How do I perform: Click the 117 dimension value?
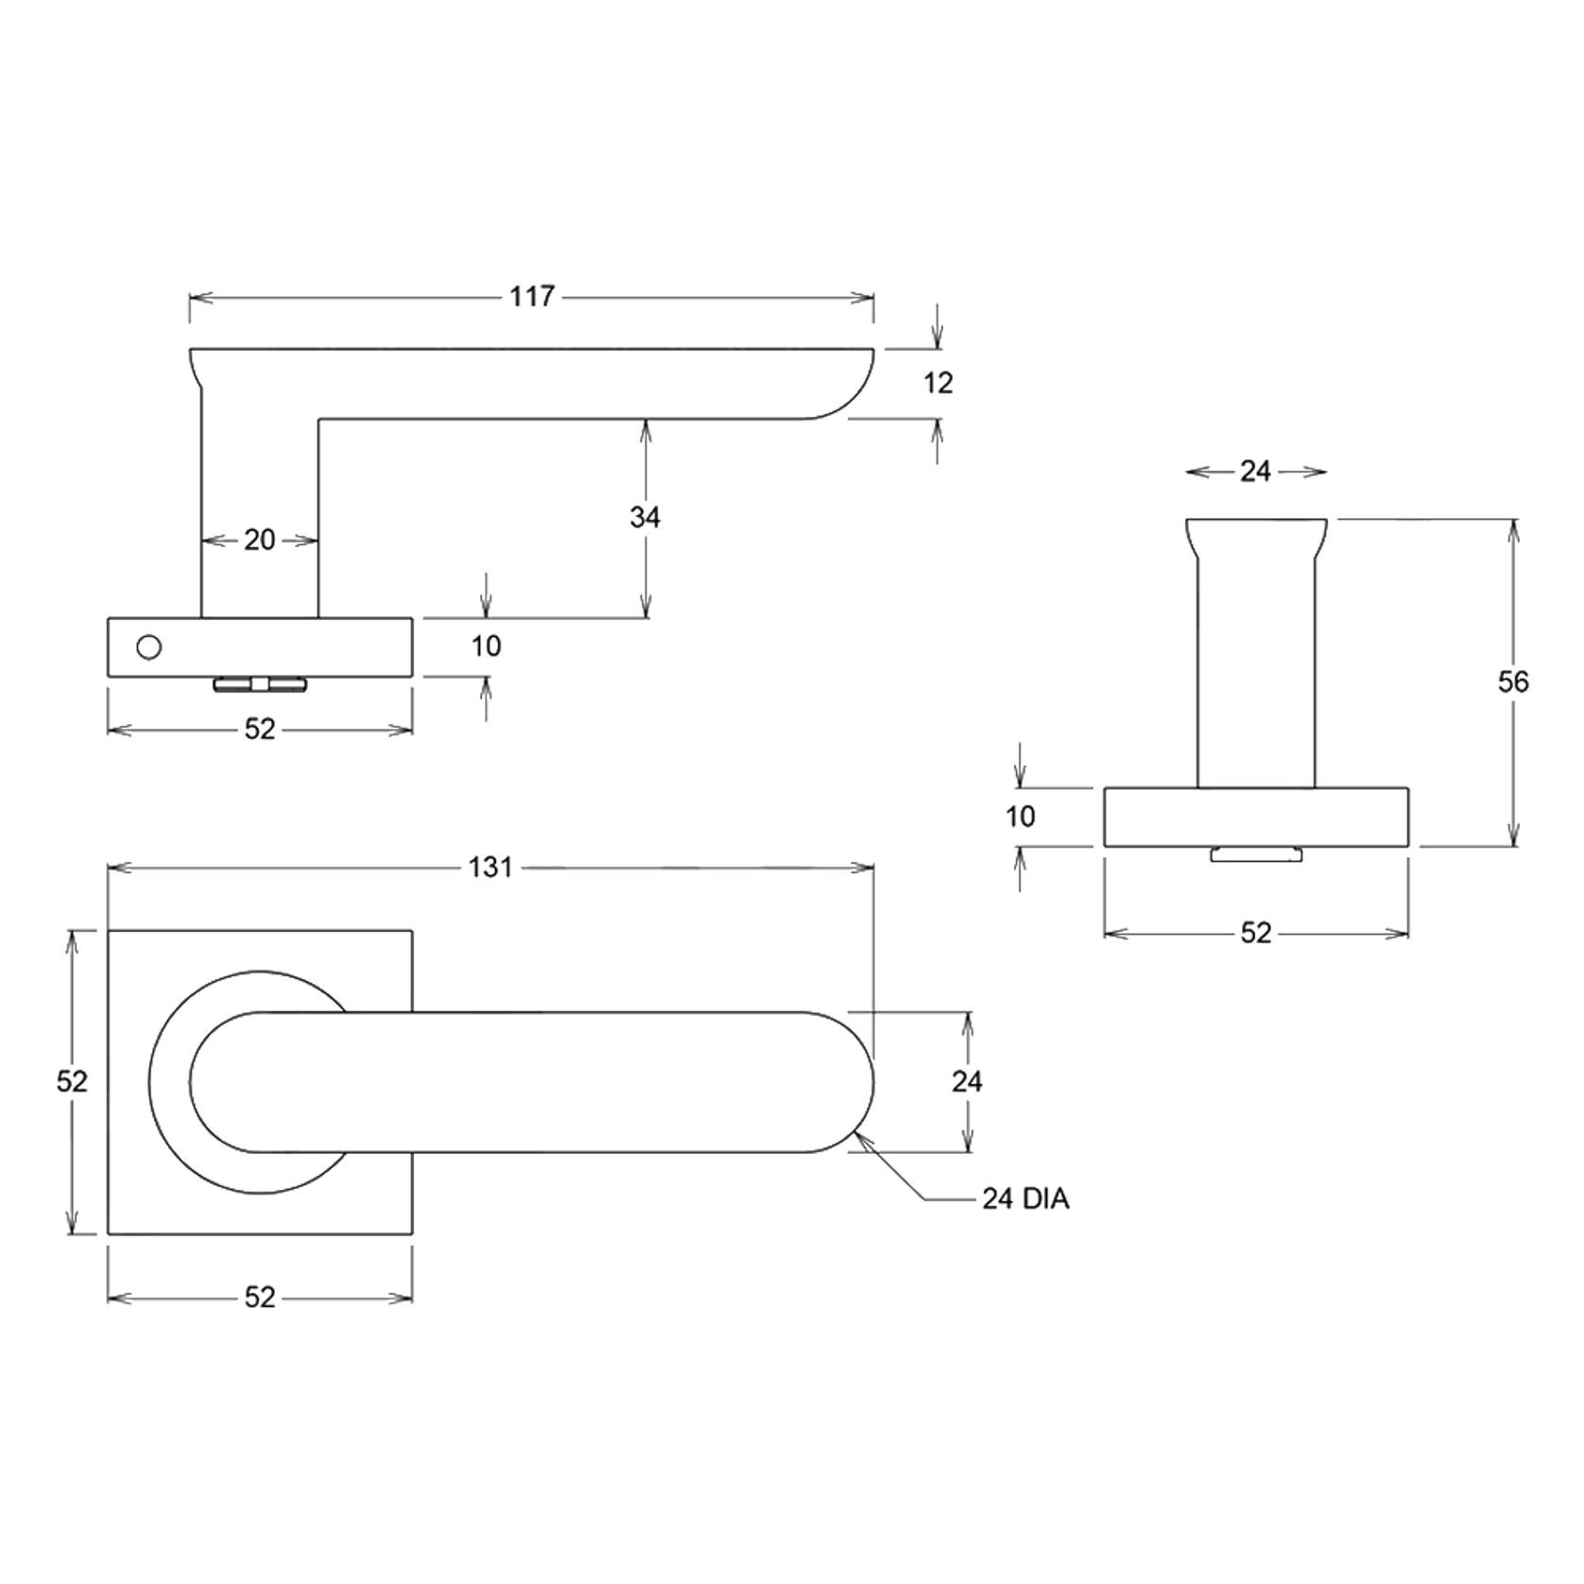pyautogui.click(x=531, y=297)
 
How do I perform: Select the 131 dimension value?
pyautogui.click(x=491, y=867)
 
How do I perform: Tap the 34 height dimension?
pyautogui.click(x=645, y=517)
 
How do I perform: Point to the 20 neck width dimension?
pyautogui.click(x=259, y=540)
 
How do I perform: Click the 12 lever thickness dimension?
pyautogui.click(x=938, y=383)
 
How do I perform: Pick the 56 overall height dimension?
pyautogui.click(x=1512, y=681)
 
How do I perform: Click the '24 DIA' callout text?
pyautogui.click(x=1025, y=1199)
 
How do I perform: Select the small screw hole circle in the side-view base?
pyautogui.click(x=149, y=647)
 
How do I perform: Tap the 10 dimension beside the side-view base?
pyautogui.click(x=486, y=646)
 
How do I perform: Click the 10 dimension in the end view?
pyautogui.click(x=1020, y=817)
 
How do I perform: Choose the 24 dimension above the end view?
pyautogui.click(x=1255, y=472)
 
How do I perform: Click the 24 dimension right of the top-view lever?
pyautogui.click(x=967, y=1081)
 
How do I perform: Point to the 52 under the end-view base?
pyautogui.click(x=1255, y=933)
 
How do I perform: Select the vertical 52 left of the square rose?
pyautogui.click(x=72, y=1081)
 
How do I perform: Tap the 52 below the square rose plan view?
pyautogui.click(x=259, y=1298)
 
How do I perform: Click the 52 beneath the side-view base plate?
pyautogui.click(x=259, y=729)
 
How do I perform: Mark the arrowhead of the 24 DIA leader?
pyautogui.click(x=855, y=1137)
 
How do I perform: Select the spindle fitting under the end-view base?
pyautogui.click(x=1256, y=854)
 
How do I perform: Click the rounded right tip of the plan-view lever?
pyautogui.click(x=865, y=1082)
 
